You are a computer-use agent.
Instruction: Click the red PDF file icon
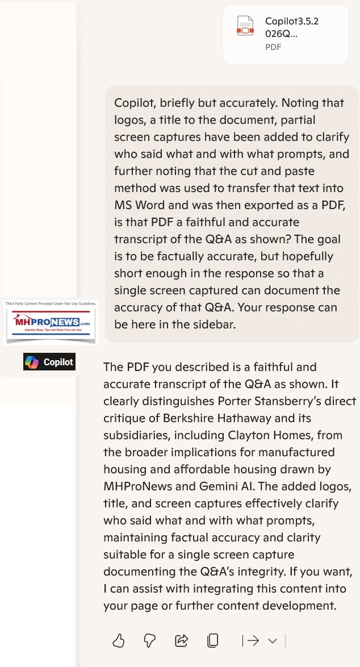tap(245, 26)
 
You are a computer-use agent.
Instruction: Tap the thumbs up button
tap(118, 641)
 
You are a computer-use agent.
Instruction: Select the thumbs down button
tap(149, 641)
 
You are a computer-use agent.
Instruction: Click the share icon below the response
tap(181, 641)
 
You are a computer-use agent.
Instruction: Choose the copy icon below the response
tap(212, 641)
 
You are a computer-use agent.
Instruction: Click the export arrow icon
tap(250, 641)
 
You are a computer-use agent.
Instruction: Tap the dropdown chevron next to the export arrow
tap(273, 641)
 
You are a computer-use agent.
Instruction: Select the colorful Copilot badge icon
tap(31, 362)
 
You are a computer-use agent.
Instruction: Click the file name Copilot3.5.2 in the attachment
tap(291, 22)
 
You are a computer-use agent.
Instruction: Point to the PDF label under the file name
tap(273, 47)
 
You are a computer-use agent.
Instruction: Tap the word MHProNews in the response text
tap(139, 486)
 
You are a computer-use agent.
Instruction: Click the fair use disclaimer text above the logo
tap(51, 304)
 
